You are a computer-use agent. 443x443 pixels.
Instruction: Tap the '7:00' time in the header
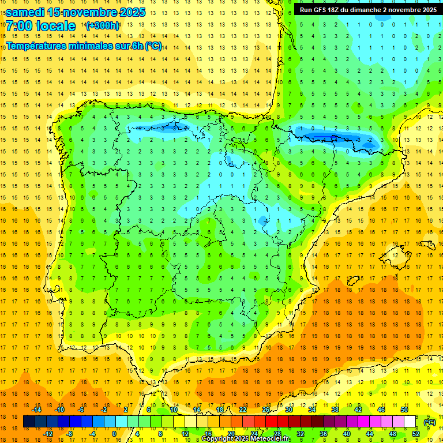[x=18, y=26]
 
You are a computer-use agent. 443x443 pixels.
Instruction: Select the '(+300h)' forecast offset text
[x=103, y=25]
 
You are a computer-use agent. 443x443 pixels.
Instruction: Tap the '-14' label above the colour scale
[x=36, y=410]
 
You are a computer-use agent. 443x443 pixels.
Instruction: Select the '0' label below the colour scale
[x=114, y=434]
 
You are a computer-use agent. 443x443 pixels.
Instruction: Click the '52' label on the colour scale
[x=416, y=434]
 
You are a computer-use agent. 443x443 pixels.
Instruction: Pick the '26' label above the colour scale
[x=266, y=410]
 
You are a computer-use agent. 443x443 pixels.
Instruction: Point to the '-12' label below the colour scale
[x=48, y=434]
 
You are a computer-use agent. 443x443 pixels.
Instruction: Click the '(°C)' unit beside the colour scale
[x=429, y=422]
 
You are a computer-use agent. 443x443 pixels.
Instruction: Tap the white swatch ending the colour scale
[x=410, y=422]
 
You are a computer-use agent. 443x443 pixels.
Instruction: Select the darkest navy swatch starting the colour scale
[x=29, y=422]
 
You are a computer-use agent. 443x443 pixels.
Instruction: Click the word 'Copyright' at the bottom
[x=218, y=439]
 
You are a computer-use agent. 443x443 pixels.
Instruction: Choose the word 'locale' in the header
[x=55, y=26]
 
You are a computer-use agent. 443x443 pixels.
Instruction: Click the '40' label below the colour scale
[x=347, y=434]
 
